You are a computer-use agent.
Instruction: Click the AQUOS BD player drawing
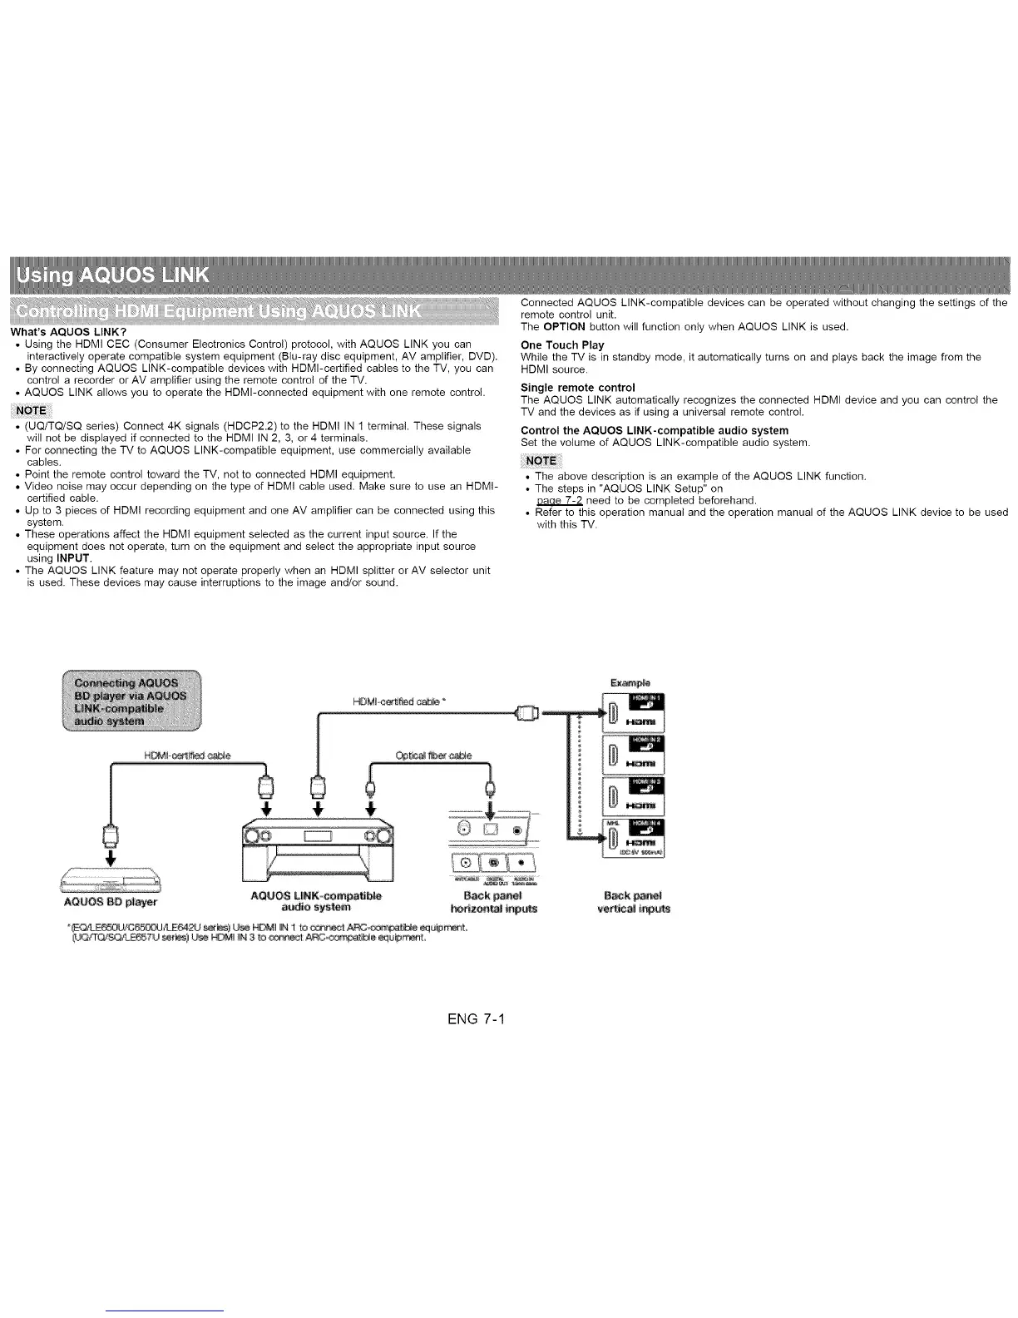click(111, 879)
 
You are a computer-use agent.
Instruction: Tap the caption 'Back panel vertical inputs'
click(633, 902)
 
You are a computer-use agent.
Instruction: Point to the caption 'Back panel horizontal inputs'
click(493, 902)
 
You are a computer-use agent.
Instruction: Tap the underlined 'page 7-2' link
click(560, 500)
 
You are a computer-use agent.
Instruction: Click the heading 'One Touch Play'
click(562, 344)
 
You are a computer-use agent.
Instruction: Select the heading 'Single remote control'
click(577, 387)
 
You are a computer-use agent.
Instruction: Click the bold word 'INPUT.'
click(75, 557)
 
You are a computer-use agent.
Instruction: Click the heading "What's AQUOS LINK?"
click(73, 333)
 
